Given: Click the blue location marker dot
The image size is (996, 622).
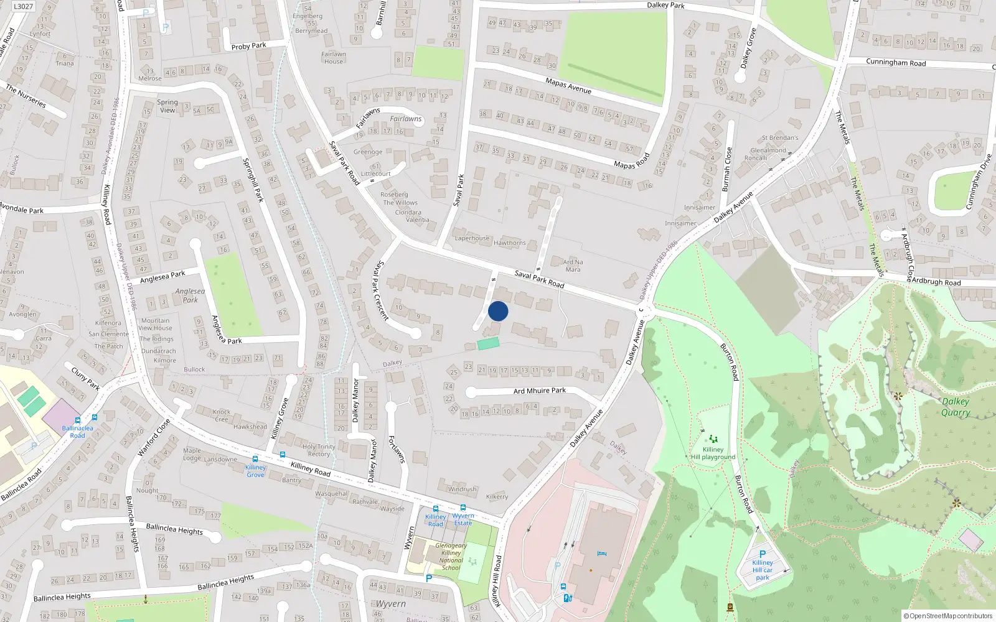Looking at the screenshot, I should [498, 311].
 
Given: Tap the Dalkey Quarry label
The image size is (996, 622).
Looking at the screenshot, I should [956, 407].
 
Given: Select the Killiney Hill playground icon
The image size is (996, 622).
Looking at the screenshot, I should [713, 439].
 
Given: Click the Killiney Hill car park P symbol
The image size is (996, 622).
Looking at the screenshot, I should [762, 554].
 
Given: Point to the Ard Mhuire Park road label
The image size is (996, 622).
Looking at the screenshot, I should [539, 391].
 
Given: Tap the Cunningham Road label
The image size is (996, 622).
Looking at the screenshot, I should [896, 62].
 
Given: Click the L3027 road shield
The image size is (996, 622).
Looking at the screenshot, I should [23, 6].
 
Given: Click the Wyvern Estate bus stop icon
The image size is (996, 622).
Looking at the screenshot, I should [463, 508].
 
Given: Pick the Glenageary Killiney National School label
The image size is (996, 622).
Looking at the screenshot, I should [451, 556].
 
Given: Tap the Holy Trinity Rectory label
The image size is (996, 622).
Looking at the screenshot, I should [319, 450].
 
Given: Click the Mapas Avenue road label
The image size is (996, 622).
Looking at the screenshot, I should [568, 85].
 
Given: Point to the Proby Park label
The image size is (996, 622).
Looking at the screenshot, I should [248, 46].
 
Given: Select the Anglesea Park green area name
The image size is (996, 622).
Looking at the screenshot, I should [190, 295].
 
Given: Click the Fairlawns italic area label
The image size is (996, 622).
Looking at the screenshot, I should [406, 119].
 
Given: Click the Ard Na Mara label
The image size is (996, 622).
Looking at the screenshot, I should [573, 266].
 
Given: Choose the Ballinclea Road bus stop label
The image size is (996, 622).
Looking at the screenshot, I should [77, 432].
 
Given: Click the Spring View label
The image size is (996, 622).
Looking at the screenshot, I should [167, 106].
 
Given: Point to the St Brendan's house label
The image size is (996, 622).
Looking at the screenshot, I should [779, 138].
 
